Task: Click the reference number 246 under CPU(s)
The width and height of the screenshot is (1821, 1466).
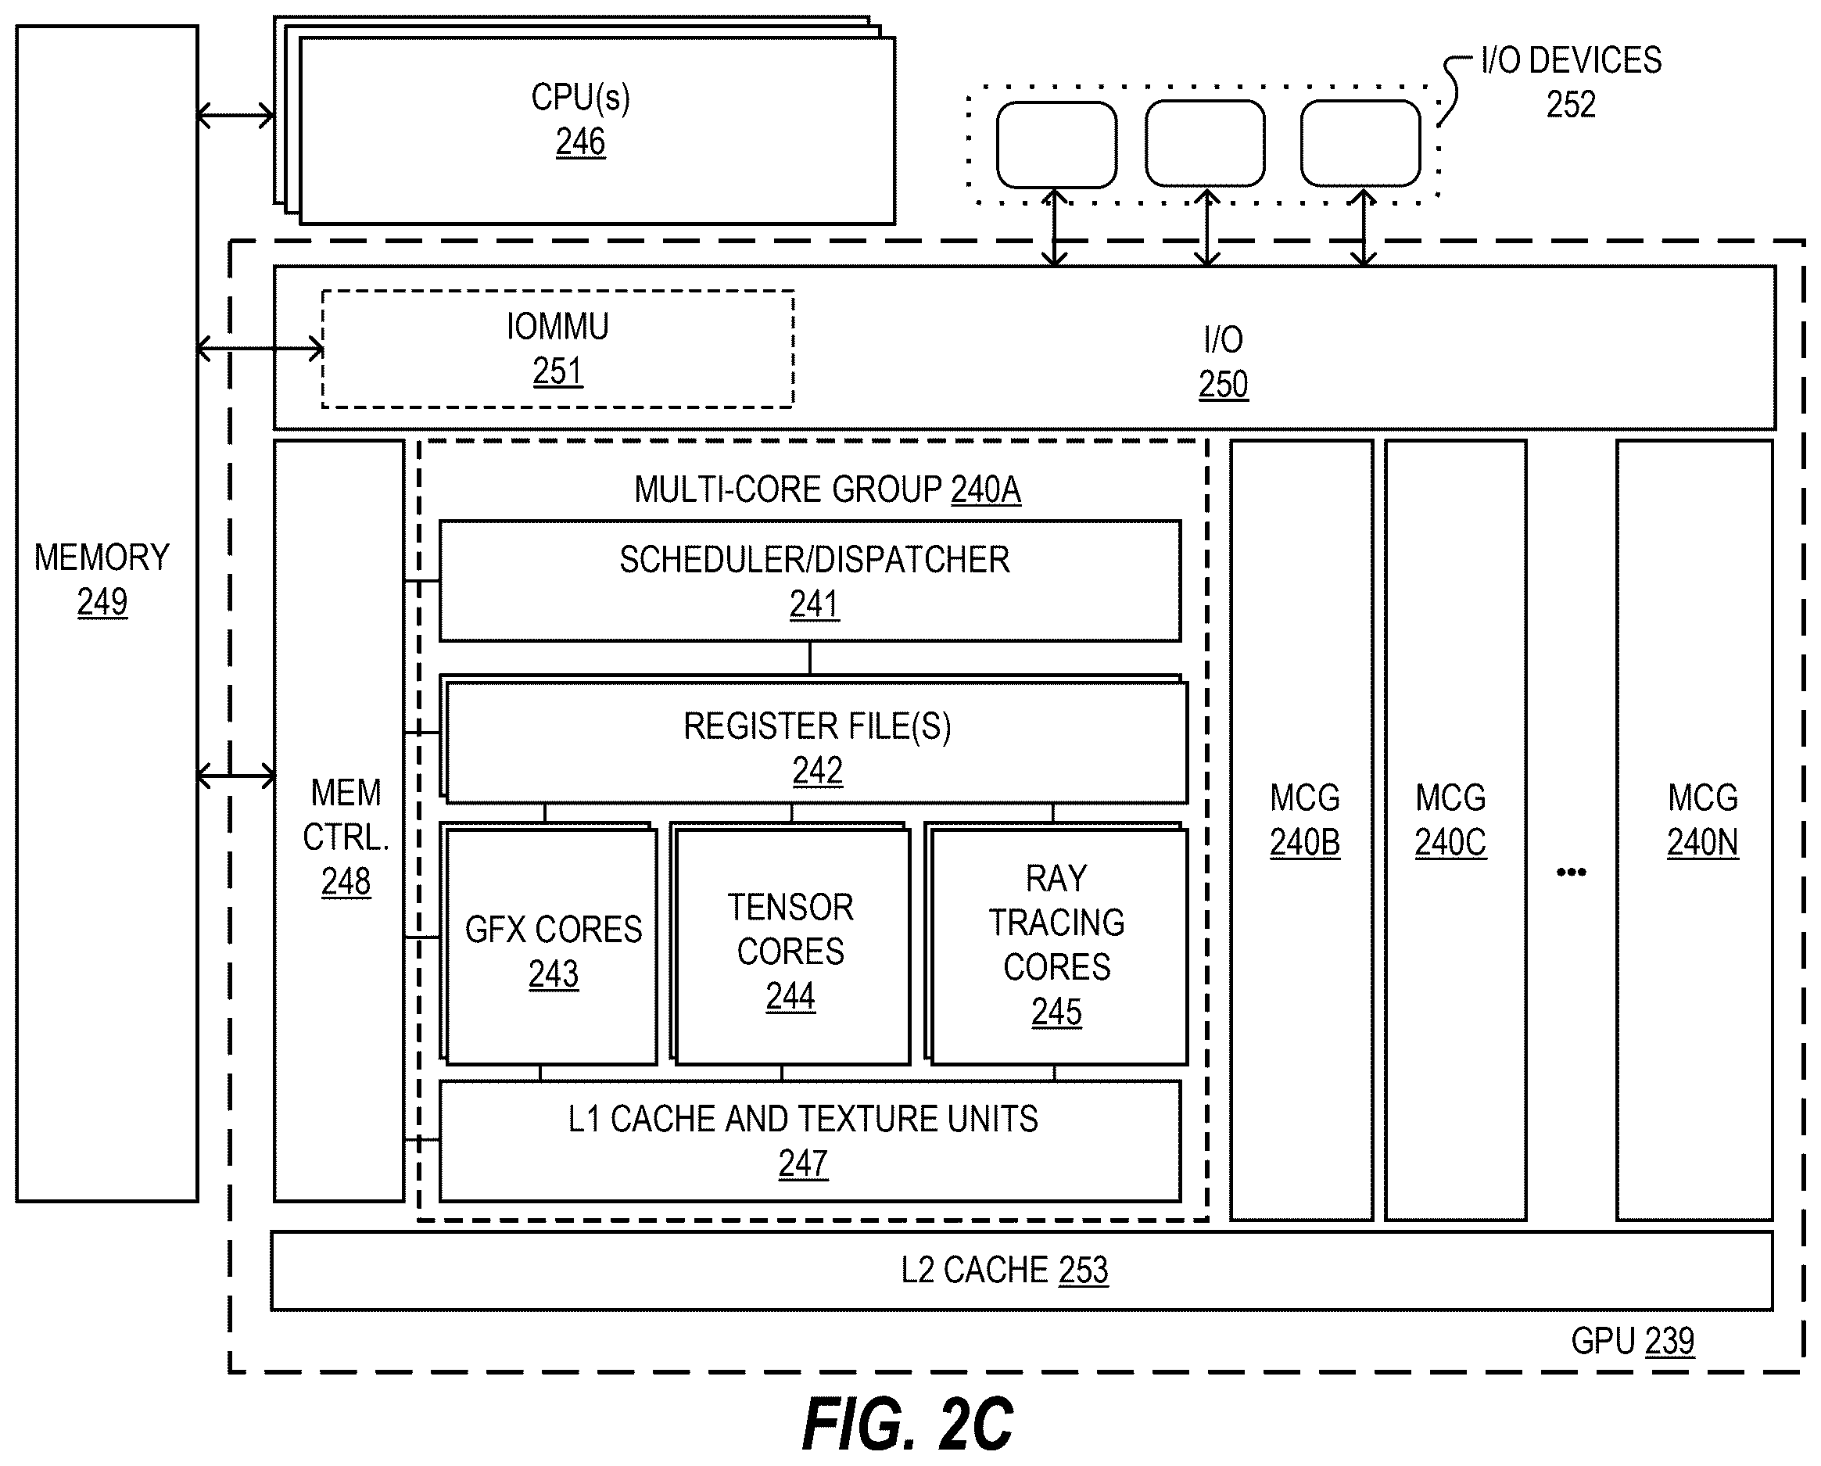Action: [x=580, y=142]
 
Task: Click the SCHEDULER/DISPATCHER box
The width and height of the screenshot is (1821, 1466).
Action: [x=810, y=581]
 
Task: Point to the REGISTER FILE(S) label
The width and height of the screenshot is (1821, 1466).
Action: [x=817, y=726]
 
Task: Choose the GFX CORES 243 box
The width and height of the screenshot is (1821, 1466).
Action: [x=551, y=947]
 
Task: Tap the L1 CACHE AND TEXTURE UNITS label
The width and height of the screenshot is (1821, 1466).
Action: [x=802, y=1119]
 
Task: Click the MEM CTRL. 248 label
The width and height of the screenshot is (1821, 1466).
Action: [x=346, y=837]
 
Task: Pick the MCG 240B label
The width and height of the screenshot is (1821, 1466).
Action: [x=1305, y=820]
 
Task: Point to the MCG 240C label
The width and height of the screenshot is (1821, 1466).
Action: [x=1450, y=820]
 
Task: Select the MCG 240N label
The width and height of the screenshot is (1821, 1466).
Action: [x=1703, y=820]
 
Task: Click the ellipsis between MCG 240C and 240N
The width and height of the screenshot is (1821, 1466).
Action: [x=1571, y=873]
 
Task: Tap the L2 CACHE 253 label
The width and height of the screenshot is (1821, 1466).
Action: [x=1004, y=1270]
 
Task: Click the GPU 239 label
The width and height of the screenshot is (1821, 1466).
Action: [x=1633, y=1341]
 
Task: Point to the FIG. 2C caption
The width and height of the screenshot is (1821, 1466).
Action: [x=908, y=1424]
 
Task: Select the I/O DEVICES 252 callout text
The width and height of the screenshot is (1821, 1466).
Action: [x=1571, y=82]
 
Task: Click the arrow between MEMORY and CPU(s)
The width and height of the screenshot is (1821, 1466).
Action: [x=235, y=116]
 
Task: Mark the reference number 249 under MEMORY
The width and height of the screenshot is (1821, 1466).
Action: [x=102, y=602]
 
